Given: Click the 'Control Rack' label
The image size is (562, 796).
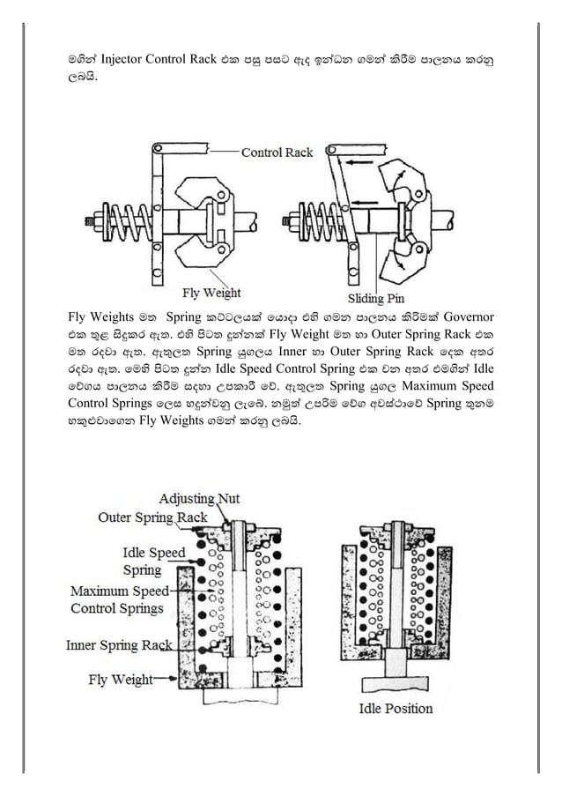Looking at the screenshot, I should coord(277,153).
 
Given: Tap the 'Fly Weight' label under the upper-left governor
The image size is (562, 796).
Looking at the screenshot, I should coord(211,292).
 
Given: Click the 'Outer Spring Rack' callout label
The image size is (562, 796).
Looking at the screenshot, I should coord(152,517).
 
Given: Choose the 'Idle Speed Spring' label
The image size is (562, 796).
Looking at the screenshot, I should coord(153,562).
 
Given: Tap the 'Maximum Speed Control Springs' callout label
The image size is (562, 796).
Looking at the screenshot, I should coord(117,599).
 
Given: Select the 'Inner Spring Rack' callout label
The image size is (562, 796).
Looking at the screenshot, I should coord(119,645).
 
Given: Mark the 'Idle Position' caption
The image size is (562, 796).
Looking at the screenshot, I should coord(396,708).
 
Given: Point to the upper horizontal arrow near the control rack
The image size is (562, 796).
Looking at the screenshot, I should coord(357,163).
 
